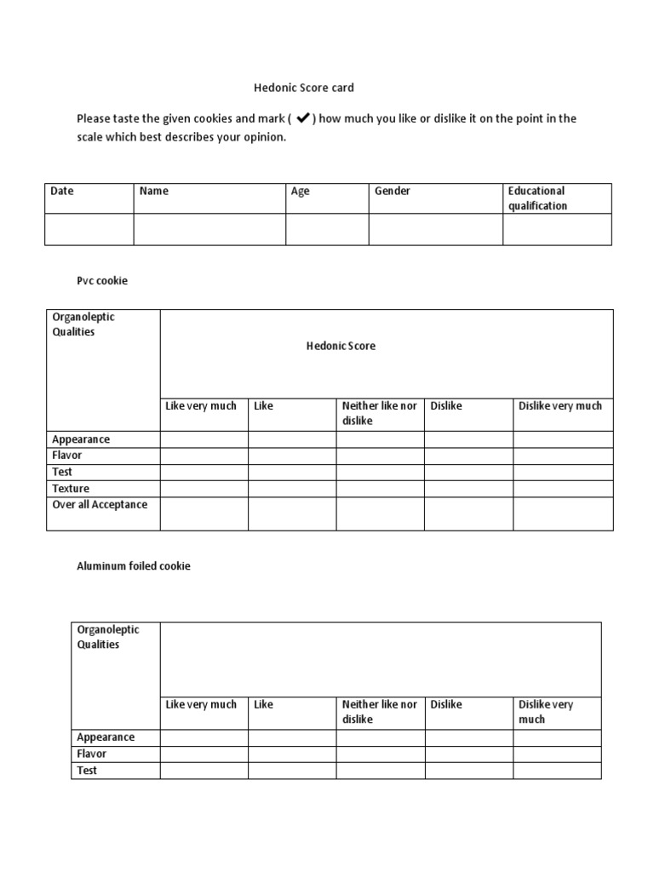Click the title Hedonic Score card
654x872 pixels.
[304, 88]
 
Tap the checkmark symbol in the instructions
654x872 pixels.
[302, 118]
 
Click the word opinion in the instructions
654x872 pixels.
[263, 137]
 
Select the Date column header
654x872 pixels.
[62, 192]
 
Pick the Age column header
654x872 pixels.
[301, 192]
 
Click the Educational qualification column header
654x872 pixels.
[537, 198]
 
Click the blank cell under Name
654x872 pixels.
[209, 229]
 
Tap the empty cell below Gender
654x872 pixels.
[435, 229]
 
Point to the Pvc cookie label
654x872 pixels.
[102, 280]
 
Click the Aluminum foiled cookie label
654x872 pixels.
[134, 566]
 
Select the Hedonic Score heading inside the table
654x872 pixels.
[341, 346]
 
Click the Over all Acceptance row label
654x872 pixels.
[100, 505]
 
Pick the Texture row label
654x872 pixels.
[71, 489]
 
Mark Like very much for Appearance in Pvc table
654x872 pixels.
[204, 439]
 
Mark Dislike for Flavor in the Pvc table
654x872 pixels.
[468, 456]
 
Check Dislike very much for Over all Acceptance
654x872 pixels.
[562, 513]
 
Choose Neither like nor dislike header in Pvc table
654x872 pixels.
[380, 413]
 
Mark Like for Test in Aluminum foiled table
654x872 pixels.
[292, 771]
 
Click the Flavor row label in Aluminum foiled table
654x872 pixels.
[92, 754]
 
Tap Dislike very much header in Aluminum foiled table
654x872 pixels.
[546, 712]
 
